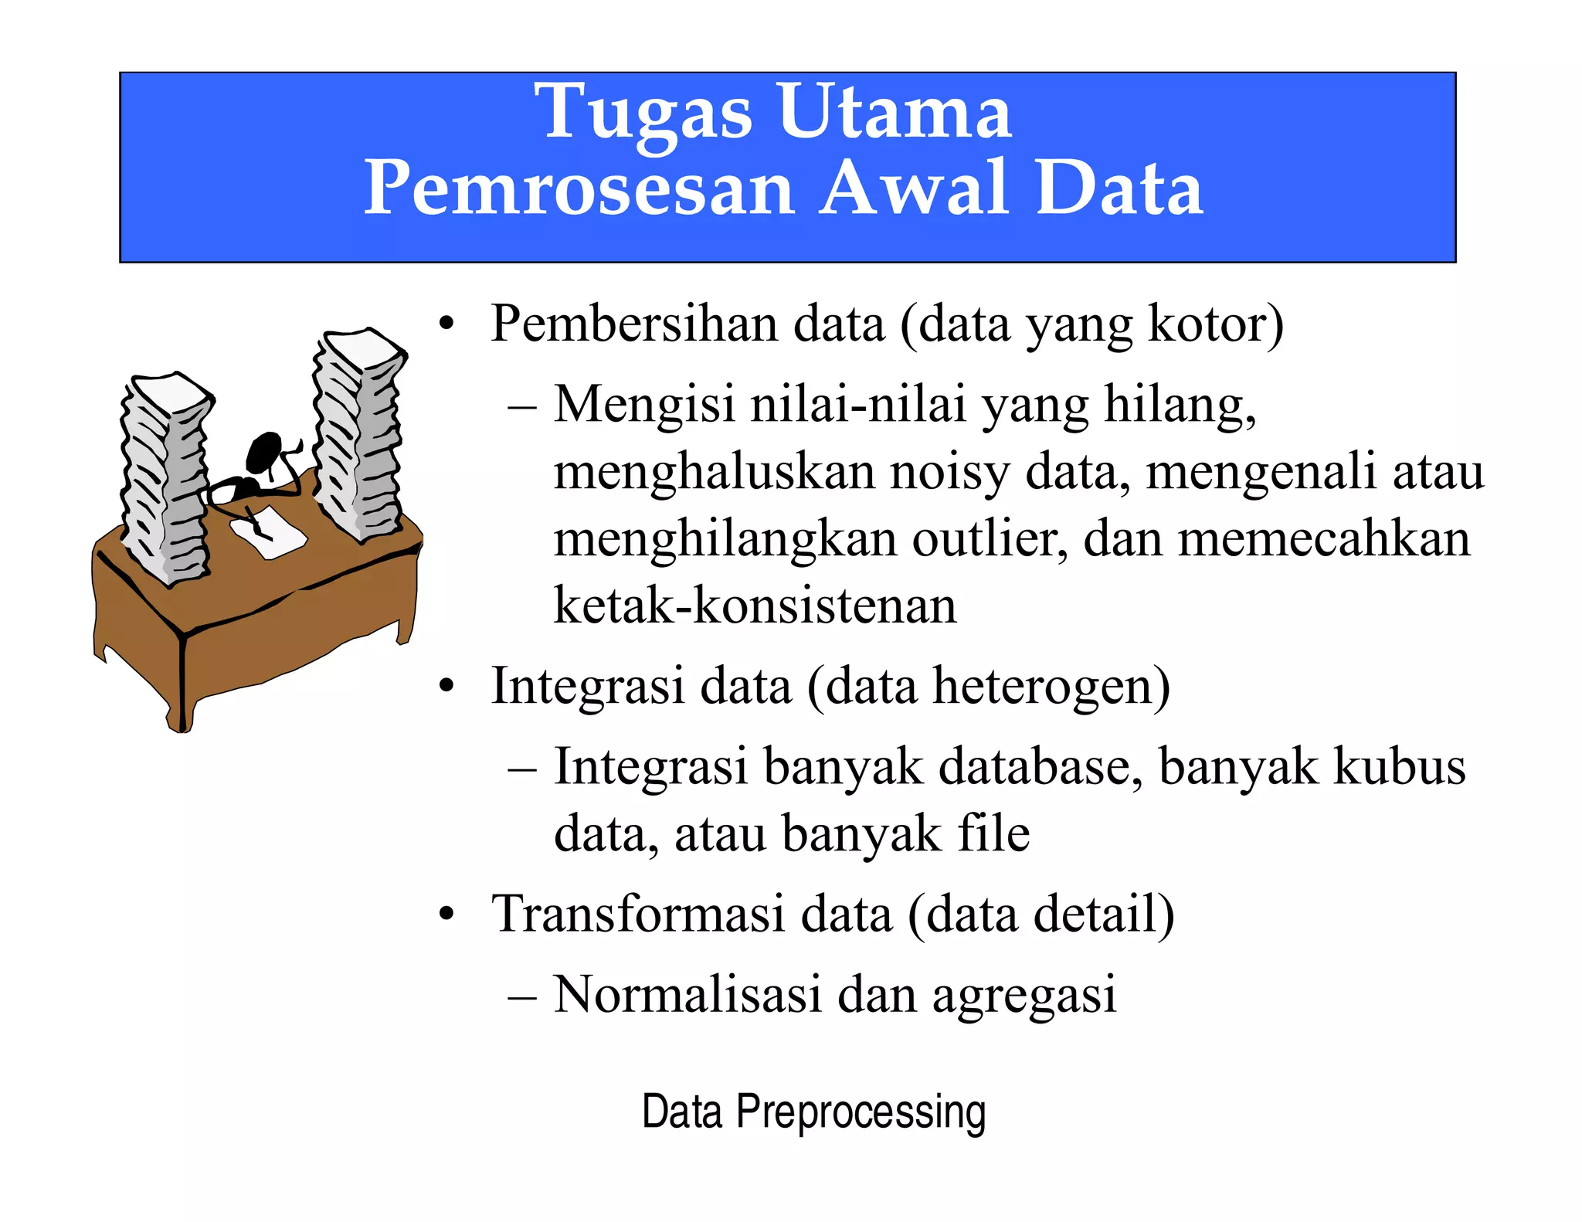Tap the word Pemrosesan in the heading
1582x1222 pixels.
[579, 188]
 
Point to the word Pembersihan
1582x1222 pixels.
[633, 324]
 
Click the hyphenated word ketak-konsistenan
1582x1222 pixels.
[755, 606]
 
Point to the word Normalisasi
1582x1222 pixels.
[687, 994]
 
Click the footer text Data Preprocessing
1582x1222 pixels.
[813, 1112]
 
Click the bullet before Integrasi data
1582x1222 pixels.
[446, 687]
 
